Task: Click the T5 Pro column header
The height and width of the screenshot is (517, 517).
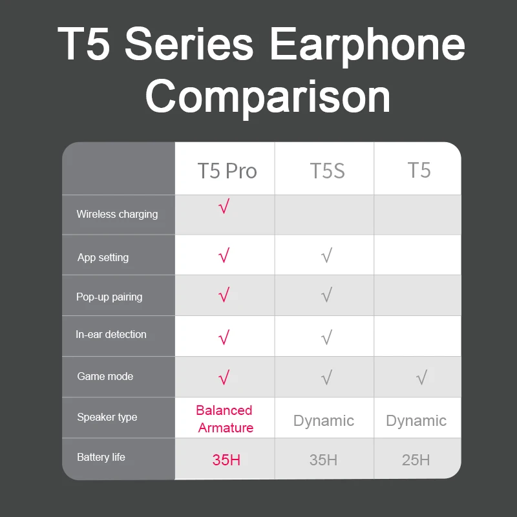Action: point(227,171)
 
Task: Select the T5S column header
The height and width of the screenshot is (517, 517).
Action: point(327,171)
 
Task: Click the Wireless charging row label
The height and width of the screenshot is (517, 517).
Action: point(117,214)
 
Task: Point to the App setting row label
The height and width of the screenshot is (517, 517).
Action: point(103,257)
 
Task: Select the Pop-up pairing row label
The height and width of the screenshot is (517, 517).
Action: point(109,297)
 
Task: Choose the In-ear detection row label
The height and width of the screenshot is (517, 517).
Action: point(111,334)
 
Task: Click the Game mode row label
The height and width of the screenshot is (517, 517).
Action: point(105,376)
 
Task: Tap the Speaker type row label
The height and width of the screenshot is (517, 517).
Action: point(107,417)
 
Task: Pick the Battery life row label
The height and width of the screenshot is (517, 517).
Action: point(101,457)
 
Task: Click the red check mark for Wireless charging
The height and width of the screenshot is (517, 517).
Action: point(224,208)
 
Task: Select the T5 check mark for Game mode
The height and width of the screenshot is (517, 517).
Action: point(421,377)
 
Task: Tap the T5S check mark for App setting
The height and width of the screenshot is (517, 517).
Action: point(326,257)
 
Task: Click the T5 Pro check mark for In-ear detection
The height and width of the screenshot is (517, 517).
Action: point(224,337)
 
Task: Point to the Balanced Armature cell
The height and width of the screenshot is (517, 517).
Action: point(225,419)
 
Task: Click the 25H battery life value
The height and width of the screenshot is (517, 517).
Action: point(416,460)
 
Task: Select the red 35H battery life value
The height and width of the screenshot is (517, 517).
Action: point(226,460)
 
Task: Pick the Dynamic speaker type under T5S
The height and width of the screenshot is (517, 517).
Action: point(324,421)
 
